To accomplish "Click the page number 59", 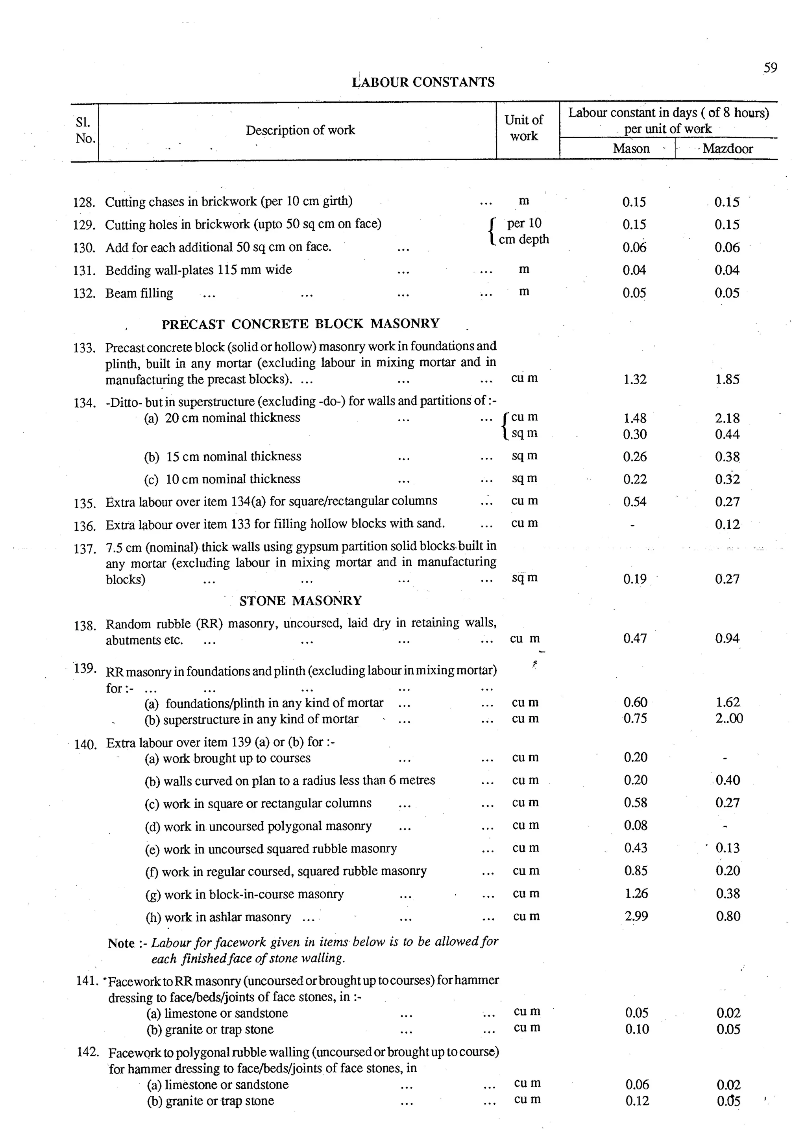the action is pos(770,68).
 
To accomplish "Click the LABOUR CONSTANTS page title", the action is pos(423,82).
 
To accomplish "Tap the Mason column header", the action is pos(631,148).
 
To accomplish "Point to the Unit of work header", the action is pos(523,128).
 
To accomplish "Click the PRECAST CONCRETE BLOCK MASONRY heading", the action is pos(300,324).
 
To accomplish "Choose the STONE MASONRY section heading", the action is pos(300,601).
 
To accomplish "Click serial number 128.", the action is pos(84,203).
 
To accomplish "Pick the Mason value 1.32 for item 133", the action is pos(635,380).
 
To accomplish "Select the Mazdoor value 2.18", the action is pos(727,419).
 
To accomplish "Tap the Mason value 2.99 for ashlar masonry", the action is pos(636,916).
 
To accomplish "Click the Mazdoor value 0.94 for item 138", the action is pos(727,639).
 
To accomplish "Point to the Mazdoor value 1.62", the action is pos(728,702).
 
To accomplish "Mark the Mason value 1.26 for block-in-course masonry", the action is pos(636,893).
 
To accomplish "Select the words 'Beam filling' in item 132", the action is pos(139,293).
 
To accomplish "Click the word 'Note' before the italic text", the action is pos(121,943).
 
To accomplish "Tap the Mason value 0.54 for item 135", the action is pos(635,502).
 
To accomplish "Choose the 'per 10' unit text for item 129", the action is pos(524,223).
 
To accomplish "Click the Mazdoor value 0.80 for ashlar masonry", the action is pos(728,916).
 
